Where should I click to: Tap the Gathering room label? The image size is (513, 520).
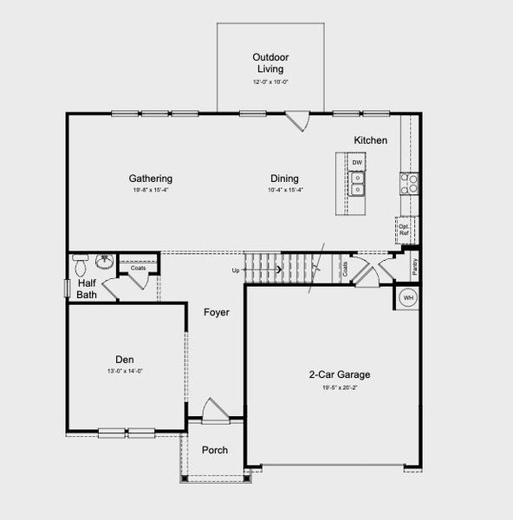coord(151,179)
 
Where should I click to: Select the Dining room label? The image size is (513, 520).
coord(285,179)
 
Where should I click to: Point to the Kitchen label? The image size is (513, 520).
coord(370,140)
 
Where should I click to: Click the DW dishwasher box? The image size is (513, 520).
coord(357,163)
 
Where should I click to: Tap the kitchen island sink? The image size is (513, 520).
coord(357,183)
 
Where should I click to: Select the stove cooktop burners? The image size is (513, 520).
coord(409,183)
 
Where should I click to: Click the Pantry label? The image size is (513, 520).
coord(415,266)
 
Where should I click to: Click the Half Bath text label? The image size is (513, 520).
coord(87,289)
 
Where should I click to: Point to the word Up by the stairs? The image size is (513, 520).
coord(236,270)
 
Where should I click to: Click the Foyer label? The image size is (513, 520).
coord(217,312)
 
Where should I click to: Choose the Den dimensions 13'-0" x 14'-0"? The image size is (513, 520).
coord(125,371)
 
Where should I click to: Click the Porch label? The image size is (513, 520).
coord(215,451)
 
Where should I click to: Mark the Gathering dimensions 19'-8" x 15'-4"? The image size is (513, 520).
coord(151,190)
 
